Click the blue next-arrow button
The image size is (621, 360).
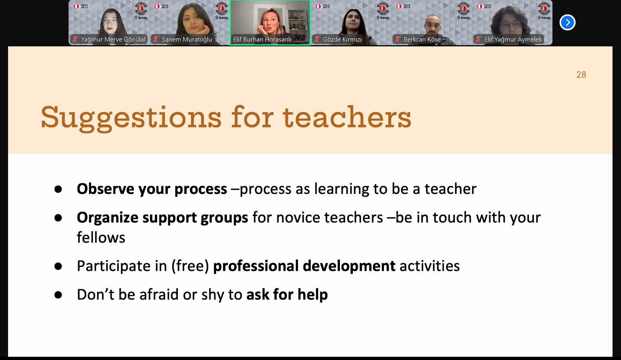coord(567,23)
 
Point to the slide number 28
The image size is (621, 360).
coord(581,75)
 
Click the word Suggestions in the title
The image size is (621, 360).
coord(131,118)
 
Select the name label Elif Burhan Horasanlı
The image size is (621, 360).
coord(262,40)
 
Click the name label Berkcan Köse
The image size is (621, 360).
coord(422,40)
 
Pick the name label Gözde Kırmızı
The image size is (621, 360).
coord(342,40)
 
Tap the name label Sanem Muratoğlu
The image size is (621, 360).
coord(187,40)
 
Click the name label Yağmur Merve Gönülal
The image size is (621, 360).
coord(113,40)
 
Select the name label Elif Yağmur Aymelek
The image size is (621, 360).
coord(513,40)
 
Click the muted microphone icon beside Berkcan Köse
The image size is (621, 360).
coord(398,40)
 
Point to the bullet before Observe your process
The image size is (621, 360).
coord(58,189)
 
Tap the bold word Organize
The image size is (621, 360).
coord(107,218)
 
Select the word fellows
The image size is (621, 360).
coord(101,237)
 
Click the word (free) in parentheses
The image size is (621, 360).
coord(190,266)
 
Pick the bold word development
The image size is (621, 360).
coord(349,266)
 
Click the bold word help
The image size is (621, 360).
coord(313,295)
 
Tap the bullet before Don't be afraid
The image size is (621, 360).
coord(58,295)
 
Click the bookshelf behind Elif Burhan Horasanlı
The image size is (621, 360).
coord(298,25)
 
